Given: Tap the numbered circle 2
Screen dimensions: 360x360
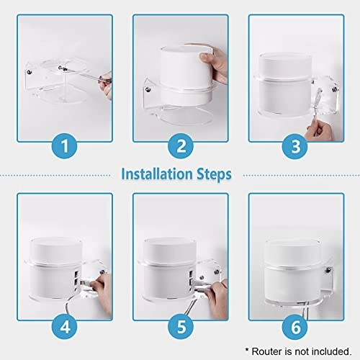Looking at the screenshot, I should [180, 148].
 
